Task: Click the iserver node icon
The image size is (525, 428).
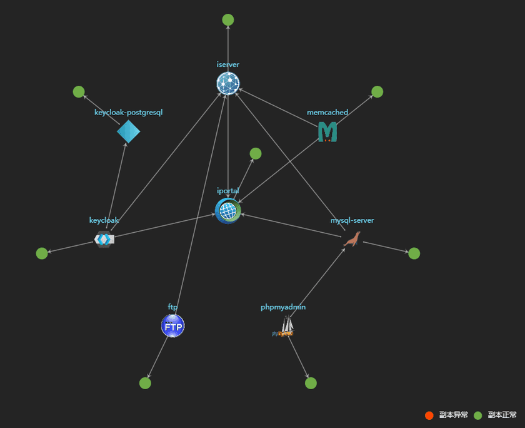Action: [228, 83]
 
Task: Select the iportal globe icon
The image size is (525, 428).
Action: [228, 210]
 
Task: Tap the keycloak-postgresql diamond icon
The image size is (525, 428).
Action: [129, 131]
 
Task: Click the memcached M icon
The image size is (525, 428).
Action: [327, 131]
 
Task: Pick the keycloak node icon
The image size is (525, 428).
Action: [104, 238]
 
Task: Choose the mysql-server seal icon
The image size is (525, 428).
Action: [352, 239]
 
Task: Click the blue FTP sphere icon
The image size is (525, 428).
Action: [172, 326]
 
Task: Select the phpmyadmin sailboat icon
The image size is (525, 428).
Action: [285, 327]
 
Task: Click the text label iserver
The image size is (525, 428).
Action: [228, 64]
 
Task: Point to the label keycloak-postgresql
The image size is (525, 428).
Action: [129, 113]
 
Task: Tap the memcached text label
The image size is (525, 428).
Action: [327, 113]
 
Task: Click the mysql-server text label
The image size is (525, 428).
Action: [352, 220]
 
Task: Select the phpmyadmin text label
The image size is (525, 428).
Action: [283, 307]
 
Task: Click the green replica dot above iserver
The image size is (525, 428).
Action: [228, 20]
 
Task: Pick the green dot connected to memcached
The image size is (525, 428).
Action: [377, 92]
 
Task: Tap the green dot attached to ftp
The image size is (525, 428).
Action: [145, 383]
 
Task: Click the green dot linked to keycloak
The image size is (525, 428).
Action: [42, 253]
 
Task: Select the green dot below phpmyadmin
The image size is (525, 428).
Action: [311, 383]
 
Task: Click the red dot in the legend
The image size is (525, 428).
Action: [429, 415]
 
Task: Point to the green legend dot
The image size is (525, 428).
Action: [477, 415]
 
